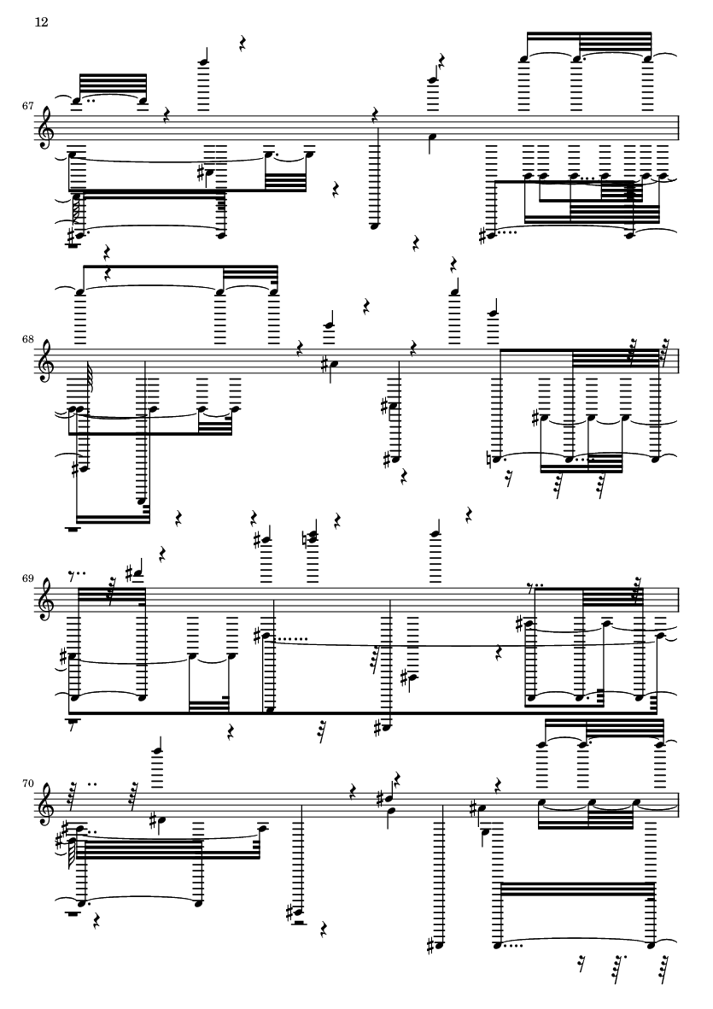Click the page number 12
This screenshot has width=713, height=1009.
[41, 22]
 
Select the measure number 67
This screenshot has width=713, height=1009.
[27, 106]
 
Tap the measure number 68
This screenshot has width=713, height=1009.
[27, 338]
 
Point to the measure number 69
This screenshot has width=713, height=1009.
[27, 578]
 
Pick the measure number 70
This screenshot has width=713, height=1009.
[27, 784]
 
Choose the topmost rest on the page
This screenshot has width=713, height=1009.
[243, 44]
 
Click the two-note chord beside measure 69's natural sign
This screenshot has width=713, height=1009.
[314, 537]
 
